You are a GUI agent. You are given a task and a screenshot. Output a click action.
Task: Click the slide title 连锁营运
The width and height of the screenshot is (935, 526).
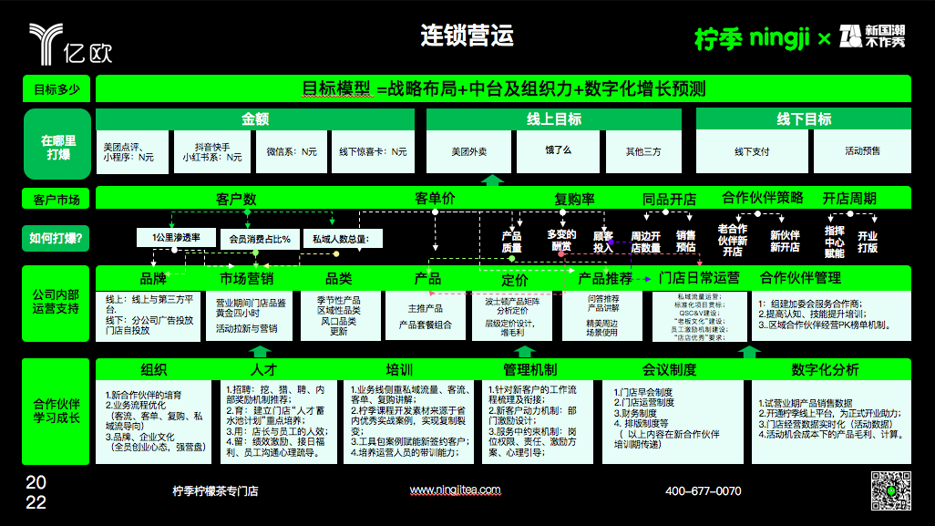467,36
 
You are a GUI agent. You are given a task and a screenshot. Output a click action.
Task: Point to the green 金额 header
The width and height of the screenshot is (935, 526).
254,119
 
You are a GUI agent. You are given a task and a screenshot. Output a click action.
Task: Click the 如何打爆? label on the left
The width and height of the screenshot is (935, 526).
57,240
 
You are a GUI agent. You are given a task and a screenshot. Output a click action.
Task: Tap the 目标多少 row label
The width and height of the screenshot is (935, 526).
57,89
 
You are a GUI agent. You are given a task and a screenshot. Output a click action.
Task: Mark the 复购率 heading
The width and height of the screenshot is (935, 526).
574,199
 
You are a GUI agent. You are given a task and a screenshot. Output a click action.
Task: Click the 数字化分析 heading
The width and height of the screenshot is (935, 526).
825,369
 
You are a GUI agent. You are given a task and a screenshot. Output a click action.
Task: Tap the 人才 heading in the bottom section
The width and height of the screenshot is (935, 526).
263,369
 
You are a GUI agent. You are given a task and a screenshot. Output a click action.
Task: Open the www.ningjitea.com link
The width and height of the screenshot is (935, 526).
455,490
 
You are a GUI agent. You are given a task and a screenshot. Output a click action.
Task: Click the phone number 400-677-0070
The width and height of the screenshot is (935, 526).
703,491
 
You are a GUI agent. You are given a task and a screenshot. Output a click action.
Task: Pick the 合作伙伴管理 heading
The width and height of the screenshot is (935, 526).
800,278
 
